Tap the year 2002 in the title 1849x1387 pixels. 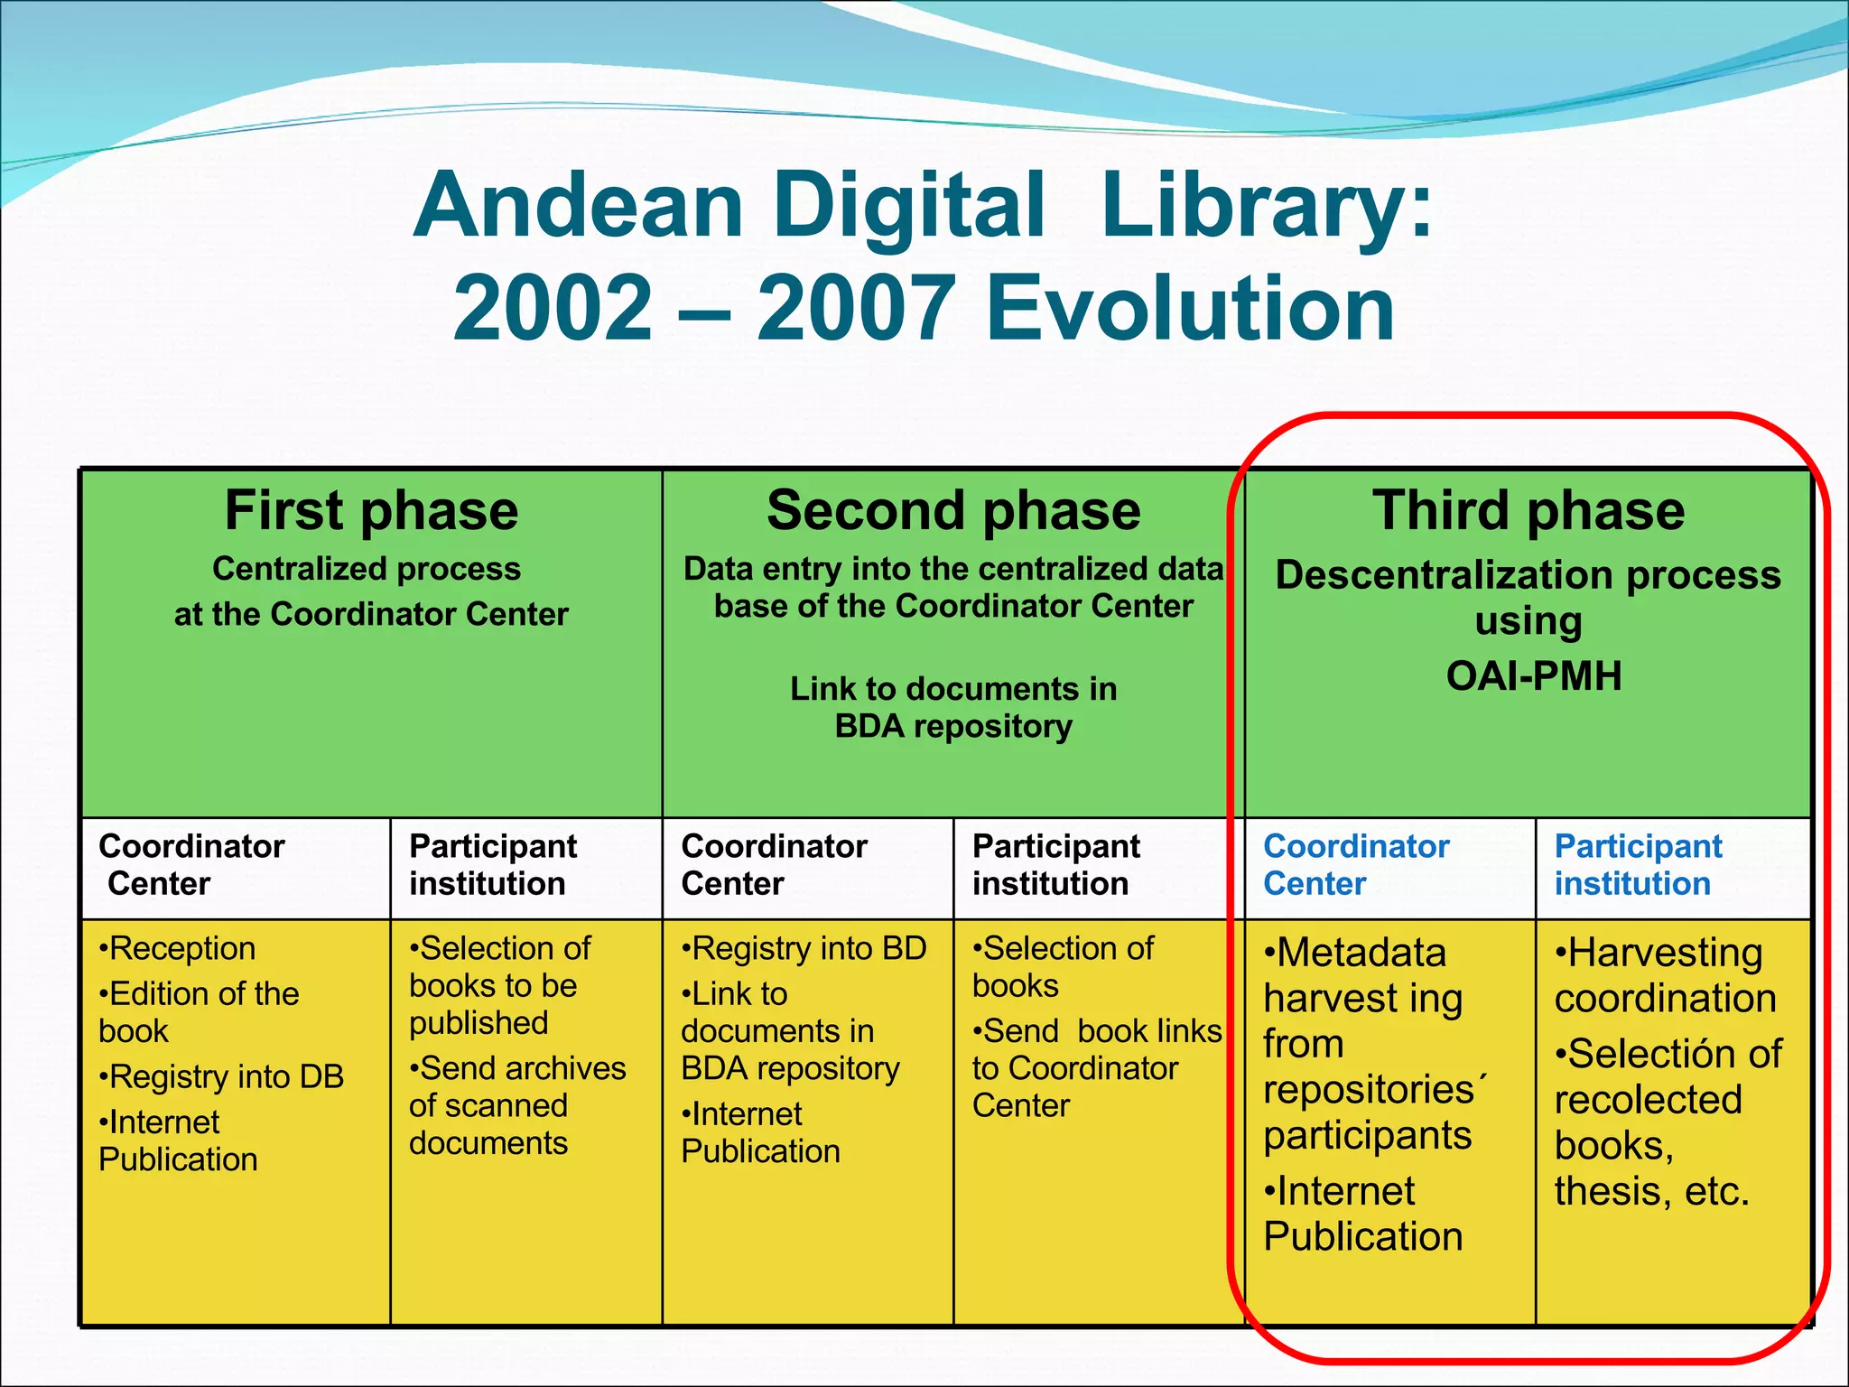(x=553, y=309)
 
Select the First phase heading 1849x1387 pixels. (x=371, y=510)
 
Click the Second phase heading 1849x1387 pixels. (x=953, y=510)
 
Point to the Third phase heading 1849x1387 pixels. (x=1528, y=510)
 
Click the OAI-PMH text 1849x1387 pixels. (x=1533, y=675)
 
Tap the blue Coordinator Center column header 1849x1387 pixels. (x=1355, y=864)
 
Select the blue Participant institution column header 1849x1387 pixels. (x=1637, y=864)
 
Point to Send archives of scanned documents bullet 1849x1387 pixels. (x=516, y=1105)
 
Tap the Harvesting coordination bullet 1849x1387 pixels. (x=1664, y=975)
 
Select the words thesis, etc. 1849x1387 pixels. (x=1651, y=1191)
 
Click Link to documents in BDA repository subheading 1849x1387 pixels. (x=953, y=707)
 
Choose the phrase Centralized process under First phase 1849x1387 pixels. (x=367, y=569)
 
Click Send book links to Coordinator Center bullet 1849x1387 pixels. (x=1096, y=1068)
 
